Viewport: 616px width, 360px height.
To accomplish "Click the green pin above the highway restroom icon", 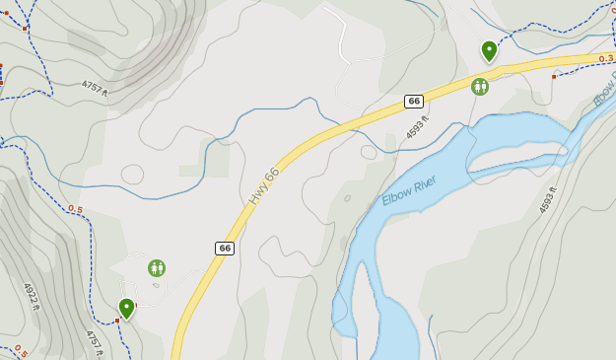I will [x=489, y=49].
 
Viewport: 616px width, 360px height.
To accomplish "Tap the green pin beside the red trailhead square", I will [x=126, y=308].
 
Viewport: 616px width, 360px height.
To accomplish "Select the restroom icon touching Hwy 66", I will [x=480, y=87].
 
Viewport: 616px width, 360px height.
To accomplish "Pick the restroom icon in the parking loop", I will [x=157, y=267].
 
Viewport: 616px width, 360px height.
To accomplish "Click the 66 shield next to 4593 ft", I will [x=414, y=102].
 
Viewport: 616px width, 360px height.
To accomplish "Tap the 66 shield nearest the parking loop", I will [x=225, y=249].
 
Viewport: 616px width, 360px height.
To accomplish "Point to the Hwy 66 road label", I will [x=264, y=185].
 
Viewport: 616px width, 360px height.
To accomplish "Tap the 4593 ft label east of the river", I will [x=548, y=200].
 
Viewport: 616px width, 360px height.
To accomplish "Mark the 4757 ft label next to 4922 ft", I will [x=93, y=339].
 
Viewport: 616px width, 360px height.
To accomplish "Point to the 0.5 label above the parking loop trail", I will [x=76, y=209].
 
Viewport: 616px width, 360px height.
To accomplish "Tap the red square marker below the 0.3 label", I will [x=554, y=76].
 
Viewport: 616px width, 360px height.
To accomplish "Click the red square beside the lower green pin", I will [x=116, y=321].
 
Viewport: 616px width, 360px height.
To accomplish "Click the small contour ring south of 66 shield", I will [x=370, y=152].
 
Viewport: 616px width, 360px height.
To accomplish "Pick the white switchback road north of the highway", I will [x=341, y=39].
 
